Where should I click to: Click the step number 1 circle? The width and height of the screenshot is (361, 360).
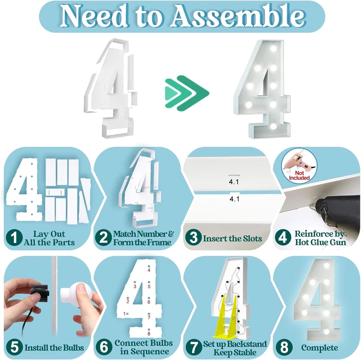(14, 238)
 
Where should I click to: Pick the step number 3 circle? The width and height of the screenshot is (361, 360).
(193, 238)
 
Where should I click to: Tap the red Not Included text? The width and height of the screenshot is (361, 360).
(300, 175)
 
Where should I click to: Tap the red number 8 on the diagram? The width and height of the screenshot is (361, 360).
(149, 333)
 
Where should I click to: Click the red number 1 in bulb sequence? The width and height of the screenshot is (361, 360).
(124, 313)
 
